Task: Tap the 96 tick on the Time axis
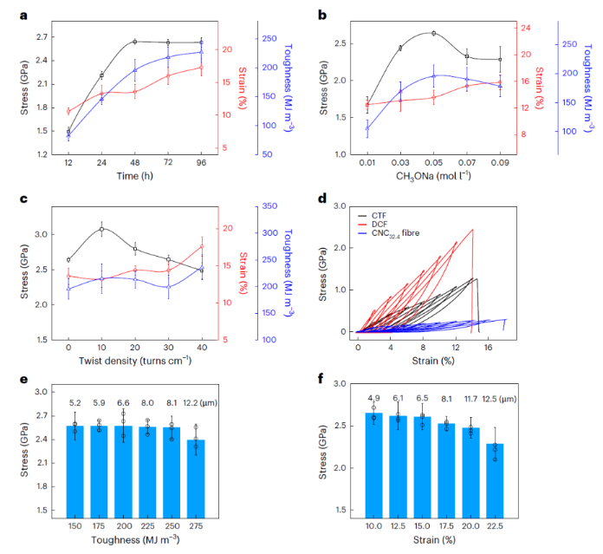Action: point(202,162)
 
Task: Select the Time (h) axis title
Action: point(134,176)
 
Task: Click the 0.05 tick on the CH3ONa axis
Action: point(433,162)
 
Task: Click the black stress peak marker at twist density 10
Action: point(101,229)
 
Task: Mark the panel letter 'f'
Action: point(322,378)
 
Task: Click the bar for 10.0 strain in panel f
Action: point(373,465)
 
